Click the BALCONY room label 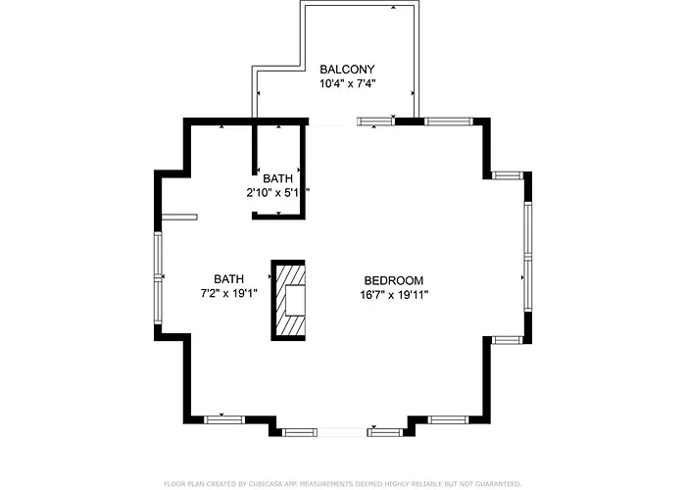point(347,70)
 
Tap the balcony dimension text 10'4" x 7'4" point(348,83)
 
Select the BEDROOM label point(394,280)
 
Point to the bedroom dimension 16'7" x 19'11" point(394,295)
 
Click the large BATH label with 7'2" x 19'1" point(228,279)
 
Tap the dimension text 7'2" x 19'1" point(228,293)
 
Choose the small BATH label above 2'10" point(277,178)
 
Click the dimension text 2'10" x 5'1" point(277,192)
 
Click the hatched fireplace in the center point(288,300)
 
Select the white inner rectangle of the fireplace point(295,300)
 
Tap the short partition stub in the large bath point(179,217)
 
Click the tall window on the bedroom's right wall point(528,257)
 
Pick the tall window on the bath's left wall point(158,277)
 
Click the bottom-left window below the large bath point(224,420)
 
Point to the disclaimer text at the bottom point(343,484)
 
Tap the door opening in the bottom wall point(342,433)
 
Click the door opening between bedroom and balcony point(333,122)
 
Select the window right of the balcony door point(376,122)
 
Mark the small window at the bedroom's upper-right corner point(508,175)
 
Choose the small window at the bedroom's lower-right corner point(508,340)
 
